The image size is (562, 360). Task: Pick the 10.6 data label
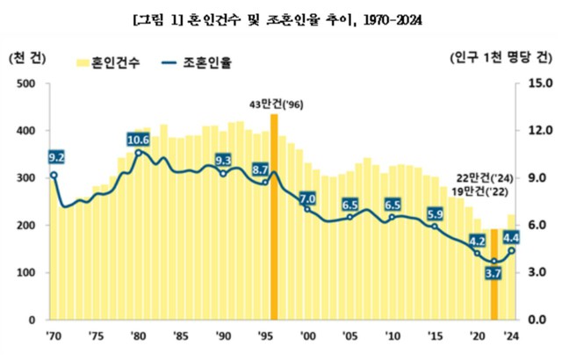(x=138, y=140)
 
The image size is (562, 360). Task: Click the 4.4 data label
(x=512, y=235)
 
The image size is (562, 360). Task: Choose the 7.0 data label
(x=307, y=198)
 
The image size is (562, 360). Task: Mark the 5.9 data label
(x=435, y=213)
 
